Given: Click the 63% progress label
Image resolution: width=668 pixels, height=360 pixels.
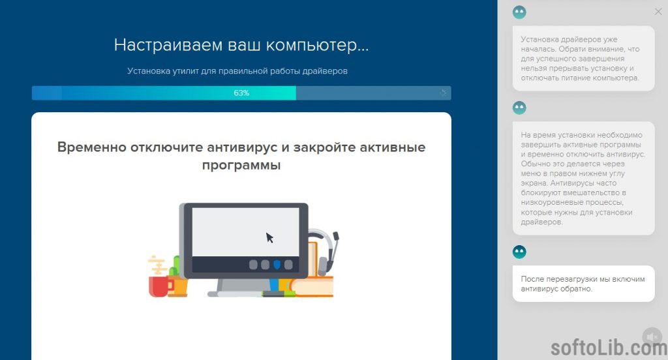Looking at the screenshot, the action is point(241,93).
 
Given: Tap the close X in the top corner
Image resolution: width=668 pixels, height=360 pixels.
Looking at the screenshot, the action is point(658,12).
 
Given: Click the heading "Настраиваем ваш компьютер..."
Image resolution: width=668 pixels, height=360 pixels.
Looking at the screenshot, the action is point(241,45).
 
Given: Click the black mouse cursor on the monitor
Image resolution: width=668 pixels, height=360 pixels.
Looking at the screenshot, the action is point(269,237).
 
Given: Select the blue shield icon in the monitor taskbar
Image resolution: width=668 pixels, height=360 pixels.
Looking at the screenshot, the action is point(277,265).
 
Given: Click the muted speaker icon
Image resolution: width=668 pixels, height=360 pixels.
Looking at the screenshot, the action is point(652,337).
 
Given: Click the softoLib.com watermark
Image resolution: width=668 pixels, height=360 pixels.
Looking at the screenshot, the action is point(609,348).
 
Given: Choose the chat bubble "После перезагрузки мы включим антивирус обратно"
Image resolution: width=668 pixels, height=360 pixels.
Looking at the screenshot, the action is point(583,284).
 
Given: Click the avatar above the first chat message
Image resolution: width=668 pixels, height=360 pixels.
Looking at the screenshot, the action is point(519,12).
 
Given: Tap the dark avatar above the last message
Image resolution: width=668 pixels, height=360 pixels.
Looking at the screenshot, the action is point(519,252).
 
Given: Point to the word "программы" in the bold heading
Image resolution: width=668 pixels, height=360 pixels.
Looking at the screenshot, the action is point(241,165).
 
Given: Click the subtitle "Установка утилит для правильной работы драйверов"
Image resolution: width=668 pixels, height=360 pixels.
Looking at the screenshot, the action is point(237,71).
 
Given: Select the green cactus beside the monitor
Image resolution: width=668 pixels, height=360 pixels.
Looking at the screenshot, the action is point(175,267).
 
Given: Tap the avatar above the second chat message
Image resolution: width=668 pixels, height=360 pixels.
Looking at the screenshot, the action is point(519,108).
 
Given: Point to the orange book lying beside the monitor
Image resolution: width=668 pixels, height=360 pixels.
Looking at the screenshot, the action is point(312,286).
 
